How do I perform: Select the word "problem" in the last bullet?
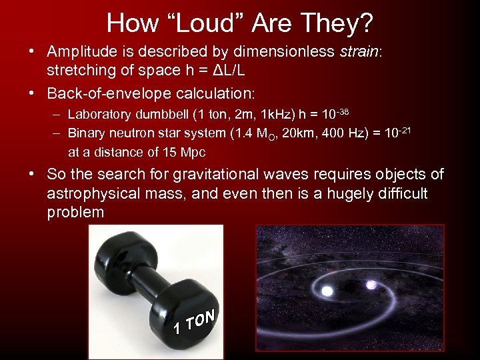tap(75, 213)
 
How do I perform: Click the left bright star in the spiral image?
tap(328, 291)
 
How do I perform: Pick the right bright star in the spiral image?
tap(371, 285)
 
